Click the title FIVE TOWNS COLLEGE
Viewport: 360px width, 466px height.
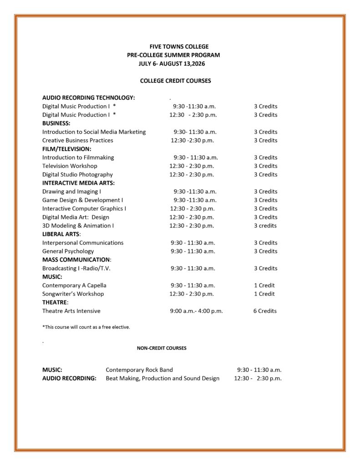179,46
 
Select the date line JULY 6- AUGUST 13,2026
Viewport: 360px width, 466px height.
172,64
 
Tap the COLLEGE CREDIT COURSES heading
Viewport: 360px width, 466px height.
175,81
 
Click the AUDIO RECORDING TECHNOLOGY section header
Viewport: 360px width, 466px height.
88,97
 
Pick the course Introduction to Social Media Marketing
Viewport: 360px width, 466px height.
94,132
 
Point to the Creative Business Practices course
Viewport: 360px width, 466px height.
77,140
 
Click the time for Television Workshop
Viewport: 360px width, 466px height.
192,166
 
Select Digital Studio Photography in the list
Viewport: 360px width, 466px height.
77,175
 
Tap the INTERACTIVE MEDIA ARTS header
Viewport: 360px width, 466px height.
78,183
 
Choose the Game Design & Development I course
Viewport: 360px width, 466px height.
82,200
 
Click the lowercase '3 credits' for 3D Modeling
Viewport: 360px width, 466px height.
265,226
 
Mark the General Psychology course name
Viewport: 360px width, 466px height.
68,251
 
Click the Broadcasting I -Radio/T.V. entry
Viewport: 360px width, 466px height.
76,268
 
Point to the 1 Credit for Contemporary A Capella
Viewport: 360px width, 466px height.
264,285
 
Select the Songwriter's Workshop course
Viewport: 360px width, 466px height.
73,294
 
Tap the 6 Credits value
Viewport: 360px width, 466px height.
265,311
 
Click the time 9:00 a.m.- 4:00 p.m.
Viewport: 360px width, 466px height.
196,311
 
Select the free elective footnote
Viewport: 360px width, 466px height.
86,327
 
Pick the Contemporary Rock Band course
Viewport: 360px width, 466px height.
139,370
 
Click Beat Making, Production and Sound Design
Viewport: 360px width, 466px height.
162,379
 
